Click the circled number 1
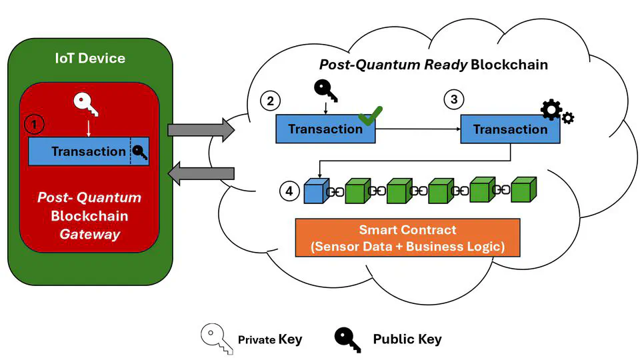pyautogui.click(x=33, y=123)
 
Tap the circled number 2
pyautogui.click(x=270, y=101)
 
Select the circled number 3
pyautogui.click(x=454, y=99)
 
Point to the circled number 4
pyautogui.click(x=289, y=191)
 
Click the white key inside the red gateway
pyautogui.click(x=88, y=103)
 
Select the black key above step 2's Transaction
pyautogui.click(x=325, y=91)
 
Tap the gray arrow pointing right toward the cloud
pyautogui.click(x=200, y=129)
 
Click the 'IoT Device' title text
pyautogui.click(x=90, y=58)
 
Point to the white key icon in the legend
pyautogui.click(x=214, y=338)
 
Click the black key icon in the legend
pyautogui.click(x=348, y=339)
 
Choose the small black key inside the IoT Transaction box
pyautogui.click(x=139, y=152)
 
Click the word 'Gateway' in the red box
pyautogui.click(x=90, y=234)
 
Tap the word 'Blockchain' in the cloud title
pyautogui.click(x=509, y=65)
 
